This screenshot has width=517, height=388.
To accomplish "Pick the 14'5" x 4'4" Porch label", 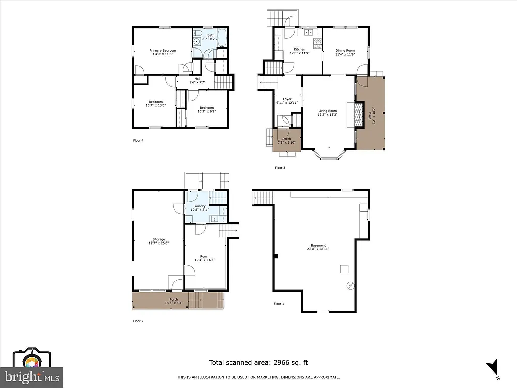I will [174, 301].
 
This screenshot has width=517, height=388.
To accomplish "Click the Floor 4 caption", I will [138, 140].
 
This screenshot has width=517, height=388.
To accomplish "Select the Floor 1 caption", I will [279, 304].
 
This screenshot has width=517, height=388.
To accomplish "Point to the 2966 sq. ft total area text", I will [258, 362].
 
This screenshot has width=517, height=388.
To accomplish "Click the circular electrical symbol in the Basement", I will [350, 286].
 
